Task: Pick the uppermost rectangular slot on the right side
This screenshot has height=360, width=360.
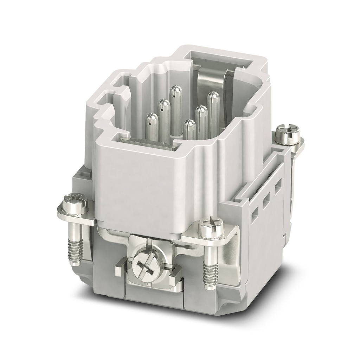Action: click(278, 183)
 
